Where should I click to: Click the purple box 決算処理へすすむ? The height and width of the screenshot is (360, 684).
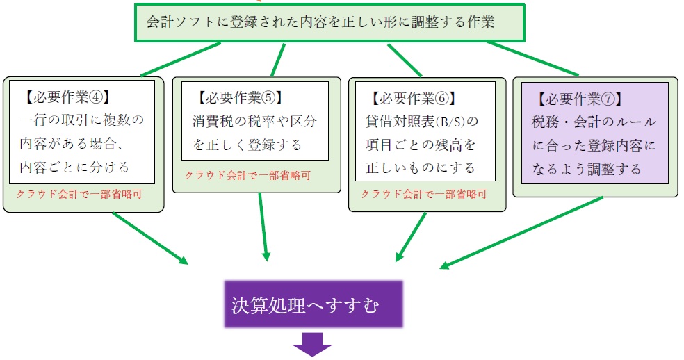click(313, 304)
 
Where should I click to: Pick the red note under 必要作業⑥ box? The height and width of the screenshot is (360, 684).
click(423, 193)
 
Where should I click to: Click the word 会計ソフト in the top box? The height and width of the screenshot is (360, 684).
click(177, 22)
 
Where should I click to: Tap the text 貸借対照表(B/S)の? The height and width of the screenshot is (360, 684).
click(423, 122)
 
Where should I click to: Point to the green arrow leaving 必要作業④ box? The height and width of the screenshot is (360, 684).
click(149, 238)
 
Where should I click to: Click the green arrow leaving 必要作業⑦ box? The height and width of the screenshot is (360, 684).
click(521, 232)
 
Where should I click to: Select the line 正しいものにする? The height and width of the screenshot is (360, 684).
click(421, 168)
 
